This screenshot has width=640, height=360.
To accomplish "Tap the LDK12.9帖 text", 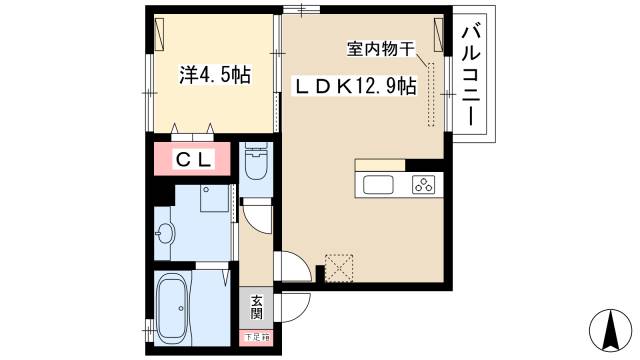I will pyautogui.click(x=353, y=87).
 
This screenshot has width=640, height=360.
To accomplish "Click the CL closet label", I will pyautogui.click(x=192, y=159).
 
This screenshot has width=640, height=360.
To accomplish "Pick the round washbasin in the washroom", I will pyautogui.click(x=165, y=235).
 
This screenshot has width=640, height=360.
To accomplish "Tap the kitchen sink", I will pyautogui.click(x=381, y=184).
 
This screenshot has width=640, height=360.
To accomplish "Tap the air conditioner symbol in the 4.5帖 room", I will pyautogui.click(x=162, y=35).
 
